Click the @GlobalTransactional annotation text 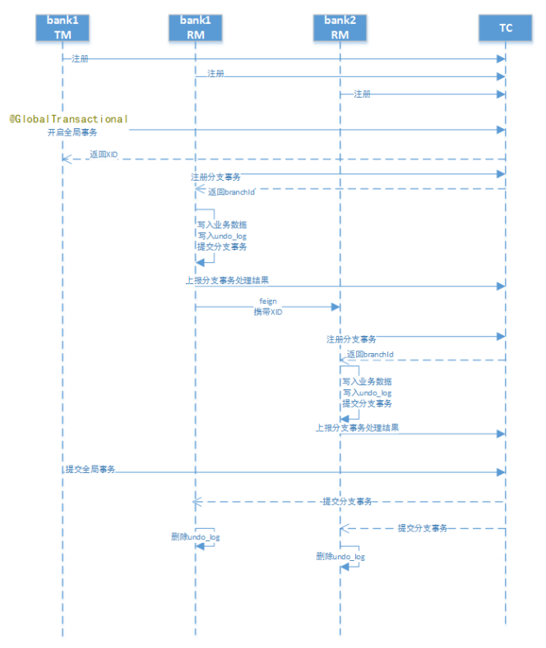tap(69, 119)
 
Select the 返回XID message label tap(104, 154)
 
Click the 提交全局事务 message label tap(90, 469)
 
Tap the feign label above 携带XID tap(266, 301)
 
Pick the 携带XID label tap(266, 312)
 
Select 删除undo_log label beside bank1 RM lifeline tap(195, 536)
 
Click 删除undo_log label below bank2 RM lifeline tap(340, 556)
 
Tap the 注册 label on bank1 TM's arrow tap(80, 58)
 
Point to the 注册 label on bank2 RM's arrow tap(362, 94)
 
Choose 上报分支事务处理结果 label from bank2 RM tap(358, 428)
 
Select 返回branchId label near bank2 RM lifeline tap(369, 355)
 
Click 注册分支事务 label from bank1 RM tap(215, 177)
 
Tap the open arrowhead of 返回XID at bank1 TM tap(66, 159)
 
